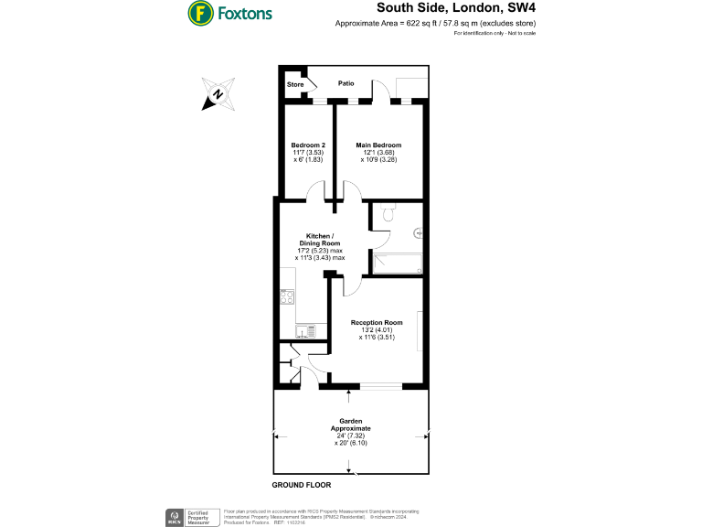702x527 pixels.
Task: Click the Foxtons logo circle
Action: [200, 13]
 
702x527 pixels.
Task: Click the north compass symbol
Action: [218, 94]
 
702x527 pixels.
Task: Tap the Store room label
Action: [295, 84]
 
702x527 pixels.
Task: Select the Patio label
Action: [346, 83]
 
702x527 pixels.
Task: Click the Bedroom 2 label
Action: [308, 145]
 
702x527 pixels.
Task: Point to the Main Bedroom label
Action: [378, 145]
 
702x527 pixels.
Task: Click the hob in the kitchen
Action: [287, 296]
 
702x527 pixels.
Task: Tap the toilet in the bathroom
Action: [388, 214]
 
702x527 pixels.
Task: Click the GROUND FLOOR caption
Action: [301, 484]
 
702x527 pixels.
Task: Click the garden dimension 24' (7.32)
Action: [351, 436]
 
